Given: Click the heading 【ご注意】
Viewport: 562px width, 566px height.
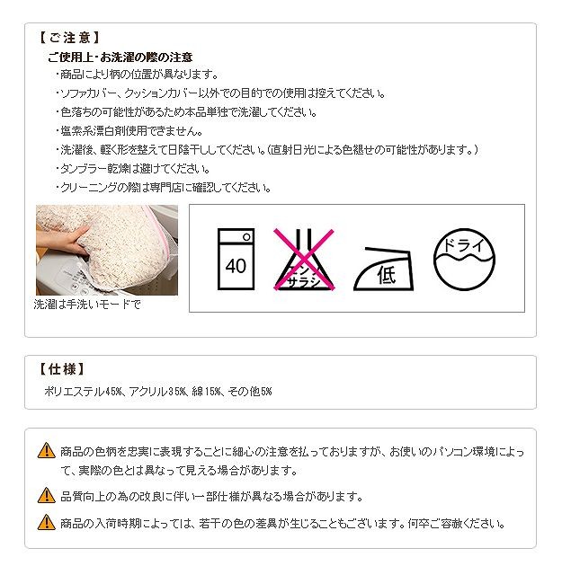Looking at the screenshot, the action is pos(68,38).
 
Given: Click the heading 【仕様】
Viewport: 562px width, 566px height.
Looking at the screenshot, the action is pos(61,369).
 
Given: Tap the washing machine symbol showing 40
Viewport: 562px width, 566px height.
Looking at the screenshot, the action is pos(236,259).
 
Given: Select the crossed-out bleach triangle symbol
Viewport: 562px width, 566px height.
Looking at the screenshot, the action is pos(304,259).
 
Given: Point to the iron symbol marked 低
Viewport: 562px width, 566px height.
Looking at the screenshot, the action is pos(384,270).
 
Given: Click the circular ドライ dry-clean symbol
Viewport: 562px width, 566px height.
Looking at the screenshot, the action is pos(464,259).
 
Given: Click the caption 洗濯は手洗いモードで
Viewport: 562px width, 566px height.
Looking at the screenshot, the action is pos(87,305).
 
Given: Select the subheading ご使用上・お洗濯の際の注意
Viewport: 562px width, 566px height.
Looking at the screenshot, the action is pos(120,57).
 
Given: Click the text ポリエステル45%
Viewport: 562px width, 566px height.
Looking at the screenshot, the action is pos(83,392).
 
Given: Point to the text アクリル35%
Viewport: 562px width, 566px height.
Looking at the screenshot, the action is pos(158,392).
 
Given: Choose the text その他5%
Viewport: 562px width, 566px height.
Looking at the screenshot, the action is pos(250,392).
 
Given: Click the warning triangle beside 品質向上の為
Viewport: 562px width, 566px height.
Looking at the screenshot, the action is pos(47,495).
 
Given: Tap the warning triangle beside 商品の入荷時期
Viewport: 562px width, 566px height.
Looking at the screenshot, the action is pos(47,522).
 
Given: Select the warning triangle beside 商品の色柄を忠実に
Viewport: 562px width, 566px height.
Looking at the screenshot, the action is pos(47,450).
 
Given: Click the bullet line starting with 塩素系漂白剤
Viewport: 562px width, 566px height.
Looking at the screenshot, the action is pos(129,130).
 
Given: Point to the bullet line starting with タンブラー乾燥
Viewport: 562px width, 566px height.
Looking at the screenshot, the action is pos(133,169).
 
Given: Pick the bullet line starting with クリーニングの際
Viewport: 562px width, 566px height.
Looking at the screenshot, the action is pos(164,188).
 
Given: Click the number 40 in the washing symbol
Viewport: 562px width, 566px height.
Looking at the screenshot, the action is pos(236,267).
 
